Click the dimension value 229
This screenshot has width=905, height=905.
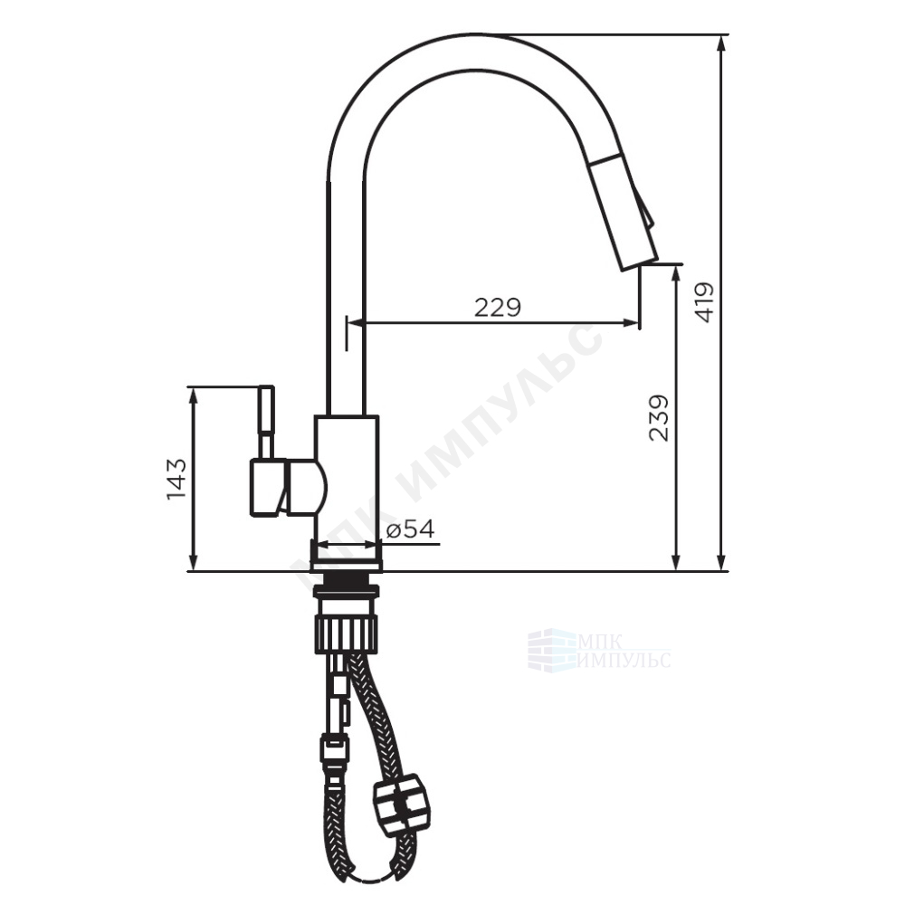click(x=498, y=307)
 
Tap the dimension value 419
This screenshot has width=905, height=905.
click(x=704, y=302)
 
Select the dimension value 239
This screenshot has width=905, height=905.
click(x=659, y=418)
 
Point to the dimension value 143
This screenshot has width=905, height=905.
click(x=176, y=479)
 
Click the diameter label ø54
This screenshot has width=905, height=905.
click(x=410, y=529)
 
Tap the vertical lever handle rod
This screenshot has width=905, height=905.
click(x=267, y=422)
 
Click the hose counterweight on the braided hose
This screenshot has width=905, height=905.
click(x=398, y=801)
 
